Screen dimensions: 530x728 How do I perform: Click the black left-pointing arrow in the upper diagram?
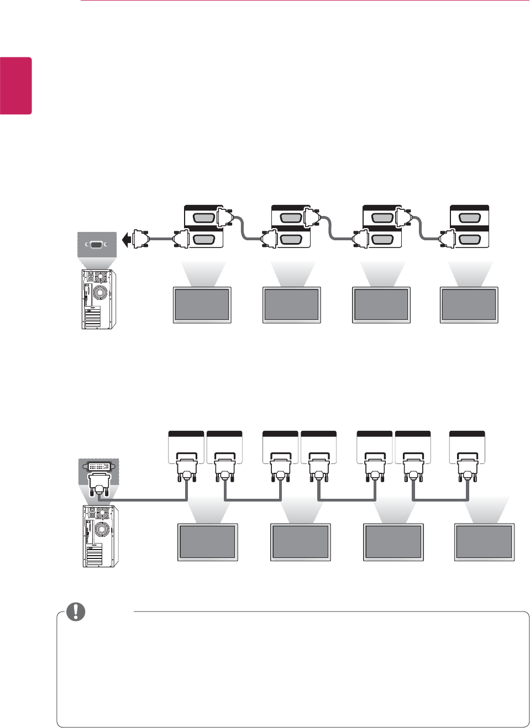126,240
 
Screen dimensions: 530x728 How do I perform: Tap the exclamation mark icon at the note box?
76,611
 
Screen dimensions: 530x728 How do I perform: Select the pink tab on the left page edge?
15,85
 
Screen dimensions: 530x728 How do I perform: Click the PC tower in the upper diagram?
98,299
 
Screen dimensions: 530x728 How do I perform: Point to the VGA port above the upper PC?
96,244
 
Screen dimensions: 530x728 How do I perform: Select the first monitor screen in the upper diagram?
202,304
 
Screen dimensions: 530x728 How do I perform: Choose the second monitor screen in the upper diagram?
291,304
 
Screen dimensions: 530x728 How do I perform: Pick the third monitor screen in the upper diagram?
381,304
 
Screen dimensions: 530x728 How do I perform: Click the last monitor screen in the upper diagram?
469,304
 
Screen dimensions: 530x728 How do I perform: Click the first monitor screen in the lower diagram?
207,542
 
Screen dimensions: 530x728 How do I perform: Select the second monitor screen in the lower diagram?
300,542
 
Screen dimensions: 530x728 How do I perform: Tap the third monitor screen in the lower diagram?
393,542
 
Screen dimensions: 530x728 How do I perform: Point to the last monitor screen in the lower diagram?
484,542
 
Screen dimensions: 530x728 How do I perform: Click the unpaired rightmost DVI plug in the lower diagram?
468,467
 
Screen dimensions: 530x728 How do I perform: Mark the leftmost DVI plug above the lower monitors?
186,467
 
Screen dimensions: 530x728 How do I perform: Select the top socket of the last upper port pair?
469,218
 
